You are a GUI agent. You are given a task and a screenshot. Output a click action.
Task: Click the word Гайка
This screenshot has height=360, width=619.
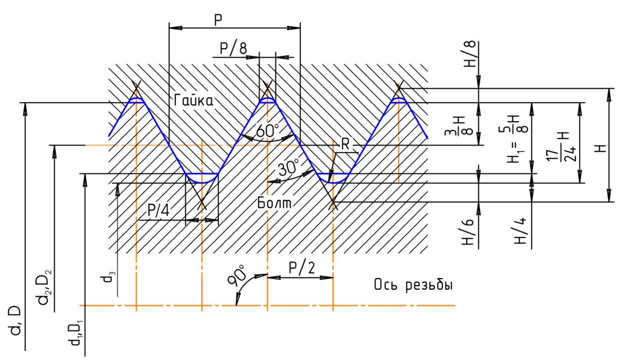pos(193,102)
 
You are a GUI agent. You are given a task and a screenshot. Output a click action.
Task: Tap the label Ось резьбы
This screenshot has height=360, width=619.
pos(413,285)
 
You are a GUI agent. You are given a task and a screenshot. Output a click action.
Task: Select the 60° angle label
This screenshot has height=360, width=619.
pos(267,130)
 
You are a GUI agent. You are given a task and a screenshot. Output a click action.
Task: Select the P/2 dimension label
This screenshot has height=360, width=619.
pos(300,268)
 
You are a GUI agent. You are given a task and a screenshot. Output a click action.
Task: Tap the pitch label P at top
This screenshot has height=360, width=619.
pos(218,19)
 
